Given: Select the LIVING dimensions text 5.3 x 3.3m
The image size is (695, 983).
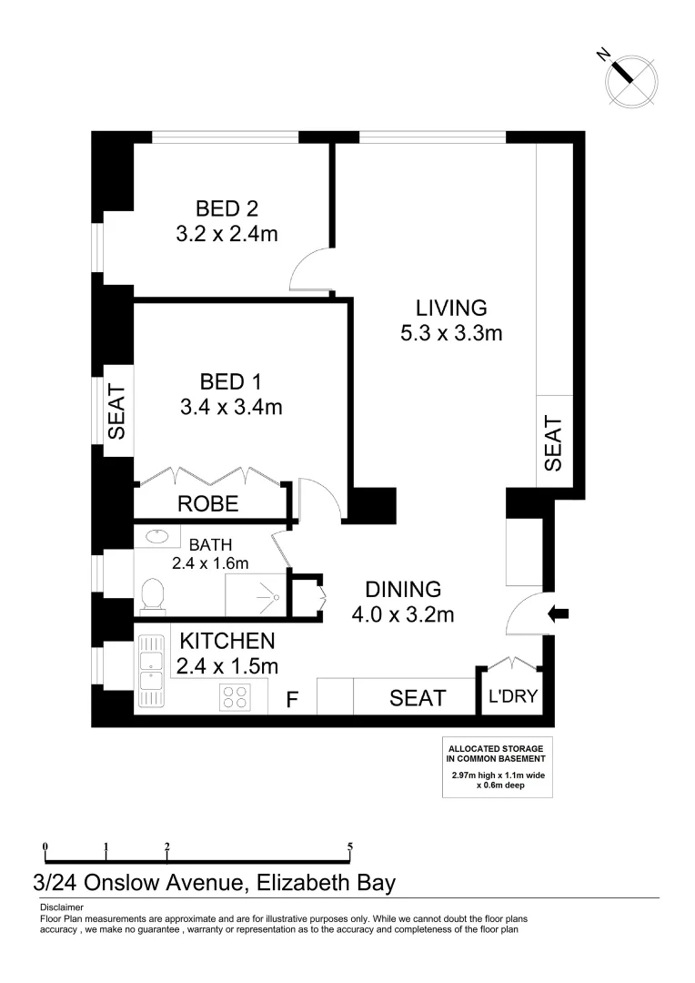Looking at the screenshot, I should click(x=451, y=333).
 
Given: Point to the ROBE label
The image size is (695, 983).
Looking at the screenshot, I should click(x=207, y=503).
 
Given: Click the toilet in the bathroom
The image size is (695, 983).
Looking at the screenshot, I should click(x=153, y=597).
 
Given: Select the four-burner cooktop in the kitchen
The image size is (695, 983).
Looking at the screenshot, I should click(x=235, y=697).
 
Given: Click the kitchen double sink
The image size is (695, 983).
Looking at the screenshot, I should click(x=149, y=672).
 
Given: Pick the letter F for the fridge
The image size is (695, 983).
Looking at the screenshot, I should click(x=293, y=700).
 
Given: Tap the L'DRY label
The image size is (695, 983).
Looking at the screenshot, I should click(x=514, y=698).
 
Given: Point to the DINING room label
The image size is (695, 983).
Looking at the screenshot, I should click(x=403, y=589).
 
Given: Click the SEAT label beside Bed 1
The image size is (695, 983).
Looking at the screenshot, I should click(x=116, y=411).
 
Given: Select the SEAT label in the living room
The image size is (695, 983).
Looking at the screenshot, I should click(x=553, y=443).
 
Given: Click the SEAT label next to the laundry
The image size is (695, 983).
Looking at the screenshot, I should click(x=418, y=698).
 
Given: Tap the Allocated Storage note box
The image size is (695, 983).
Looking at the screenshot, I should click(x=497, y=766).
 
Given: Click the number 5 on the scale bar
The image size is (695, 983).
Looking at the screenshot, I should click(x=350, y=846).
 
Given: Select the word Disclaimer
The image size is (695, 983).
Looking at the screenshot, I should click(x=62, y=907).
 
